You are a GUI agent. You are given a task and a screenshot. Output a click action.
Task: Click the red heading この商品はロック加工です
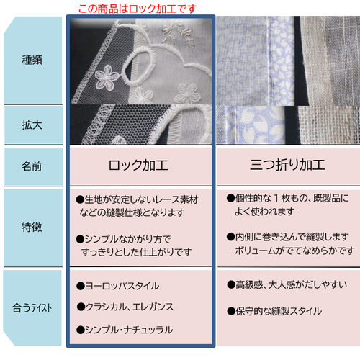[138, 9]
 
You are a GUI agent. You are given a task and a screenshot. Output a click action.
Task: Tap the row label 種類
[32, 60]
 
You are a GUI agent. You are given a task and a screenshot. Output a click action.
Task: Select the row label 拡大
[32, 125]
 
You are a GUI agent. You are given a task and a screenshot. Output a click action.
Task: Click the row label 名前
[32, 166]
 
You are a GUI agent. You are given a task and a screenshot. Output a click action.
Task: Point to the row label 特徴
[32, 228]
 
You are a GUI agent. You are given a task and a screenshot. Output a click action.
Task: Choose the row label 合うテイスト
[32, 308]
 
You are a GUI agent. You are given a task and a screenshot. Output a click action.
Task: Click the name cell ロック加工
[138, 166]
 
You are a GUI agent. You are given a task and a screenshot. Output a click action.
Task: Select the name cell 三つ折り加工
[287, 165]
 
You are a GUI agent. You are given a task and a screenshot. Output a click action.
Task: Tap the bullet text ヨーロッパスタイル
[118, 286]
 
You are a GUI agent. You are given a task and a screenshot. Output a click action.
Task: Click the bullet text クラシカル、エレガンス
[125, 307]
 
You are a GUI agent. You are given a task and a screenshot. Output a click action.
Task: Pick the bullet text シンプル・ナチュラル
[125, 330]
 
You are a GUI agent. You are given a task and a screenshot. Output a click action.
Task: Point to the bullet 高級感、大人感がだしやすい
[287, 284]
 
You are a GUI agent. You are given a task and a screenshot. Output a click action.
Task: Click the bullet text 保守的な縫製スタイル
[274, 311]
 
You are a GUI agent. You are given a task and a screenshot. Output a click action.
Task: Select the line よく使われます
[264, 212]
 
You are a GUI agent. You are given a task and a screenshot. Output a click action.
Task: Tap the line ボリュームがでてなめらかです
[294, 251]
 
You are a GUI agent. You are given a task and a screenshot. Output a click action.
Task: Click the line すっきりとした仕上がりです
[137, 252]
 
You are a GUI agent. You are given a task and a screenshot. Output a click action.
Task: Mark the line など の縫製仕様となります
[132, 212]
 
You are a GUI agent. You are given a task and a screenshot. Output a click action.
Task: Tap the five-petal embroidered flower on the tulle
[107, 77]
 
